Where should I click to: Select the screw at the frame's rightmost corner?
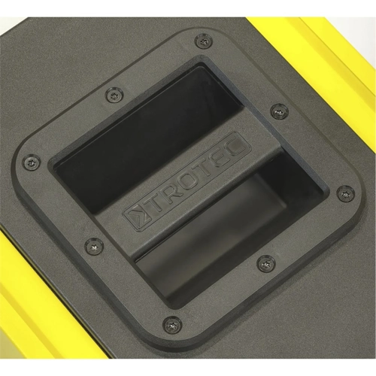click(344, 193)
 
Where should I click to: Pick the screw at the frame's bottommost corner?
click(172, 325)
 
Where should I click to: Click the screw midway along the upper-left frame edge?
click(113, 94)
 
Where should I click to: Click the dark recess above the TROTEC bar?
click(143, 135)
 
